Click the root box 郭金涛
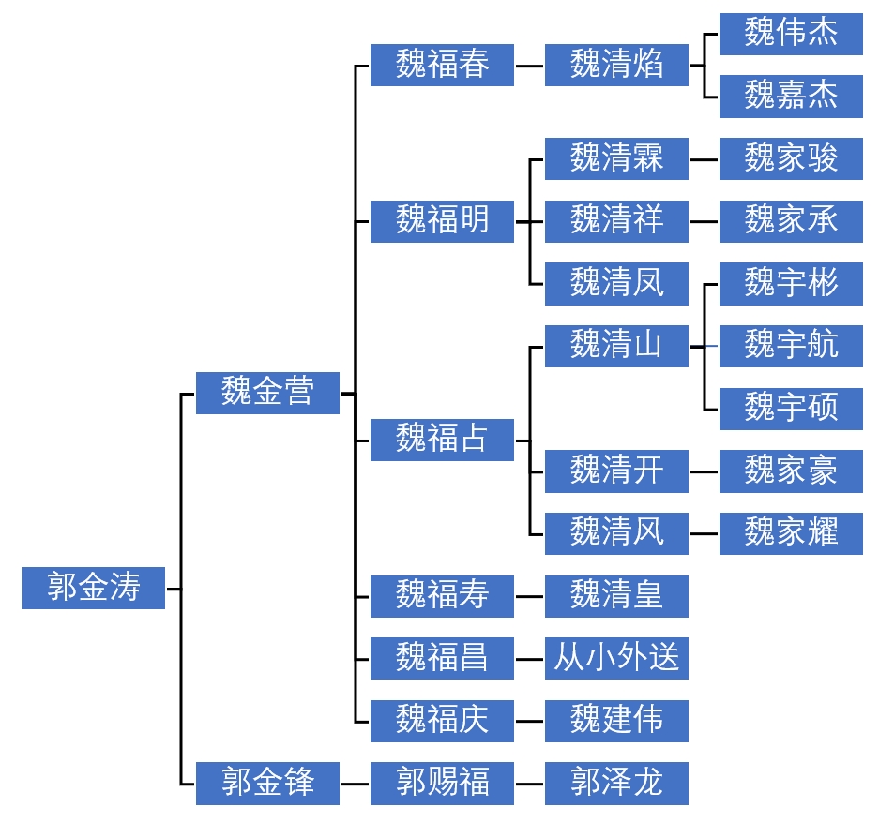pyautogui.click(x=93, y=588)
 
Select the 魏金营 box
pyautogui.click(x=267, y=392)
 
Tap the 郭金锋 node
pyautogui.click(x=267, y=782)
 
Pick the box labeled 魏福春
pyautogui.click(x=442, y=66)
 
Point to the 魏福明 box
pyautogui.click(x=442, y=221)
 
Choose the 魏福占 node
pyautogui.click(x=442, y=439)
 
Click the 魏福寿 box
pyautogui.click(x=442, y=595)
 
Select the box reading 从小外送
pyautogui.click(x=616, y=658)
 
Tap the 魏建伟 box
pyautogui.click(x=616, y=720)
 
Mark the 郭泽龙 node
pyautogui.click(x=616, y=782)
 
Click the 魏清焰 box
pyautogui.click(x=616, y=66)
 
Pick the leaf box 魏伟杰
pyautogui.click(x=791, y=34)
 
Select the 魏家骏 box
pyautogui.click(x=791, y=158)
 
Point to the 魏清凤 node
pyautogui.click(x=616, y=283)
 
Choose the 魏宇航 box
pyautogui.click(x=791, y=346)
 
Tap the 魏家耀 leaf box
pyautogui.click(x=791, y=532)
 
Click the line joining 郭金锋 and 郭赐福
pyautogui.click(x=355, y=783)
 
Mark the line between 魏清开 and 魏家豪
pyautogui.click(x=704, y=471)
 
